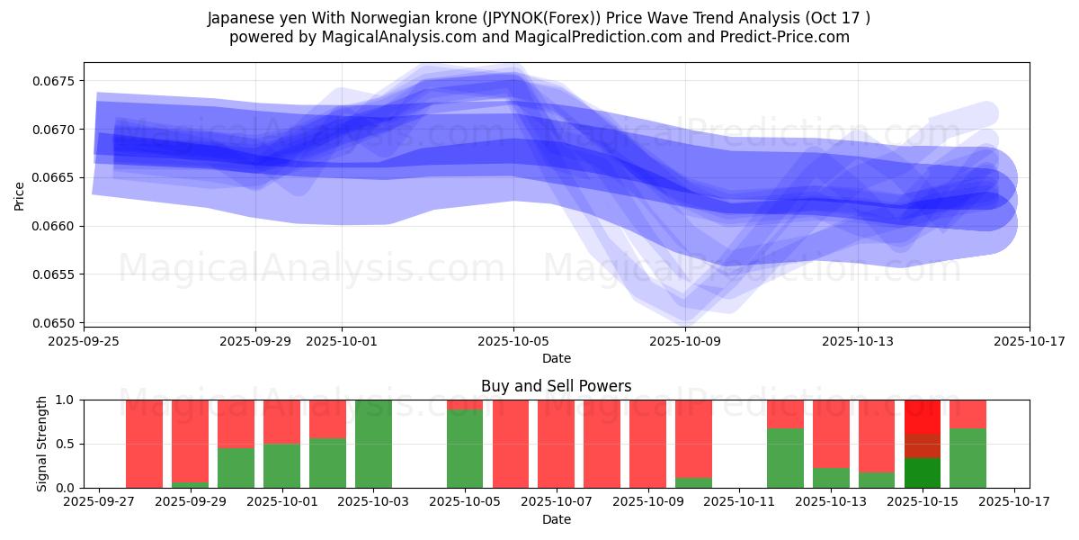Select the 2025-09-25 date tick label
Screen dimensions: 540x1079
point(84,342)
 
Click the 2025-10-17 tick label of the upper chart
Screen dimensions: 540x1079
point(1030,342)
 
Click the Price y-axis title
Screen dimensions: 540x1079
point(20,194)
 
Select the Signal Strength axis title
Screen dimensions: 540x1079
point(41,444)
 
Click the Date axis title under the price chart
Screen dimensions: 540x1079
point(556,358)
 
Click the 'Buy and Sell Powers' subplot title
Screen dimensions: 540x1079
point(556,386)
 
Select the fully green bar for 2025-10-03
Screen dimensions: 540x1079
point(373,444)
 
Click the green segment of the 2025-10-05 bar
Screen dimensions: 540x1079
point(465,449)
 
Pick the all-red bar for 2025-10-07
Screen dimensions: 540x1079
point(557,444)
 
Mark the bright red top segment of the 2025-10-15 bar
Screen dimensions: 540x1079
point(923,417)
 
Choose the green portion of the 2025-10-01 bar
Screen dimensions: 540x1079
point(281,465)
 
